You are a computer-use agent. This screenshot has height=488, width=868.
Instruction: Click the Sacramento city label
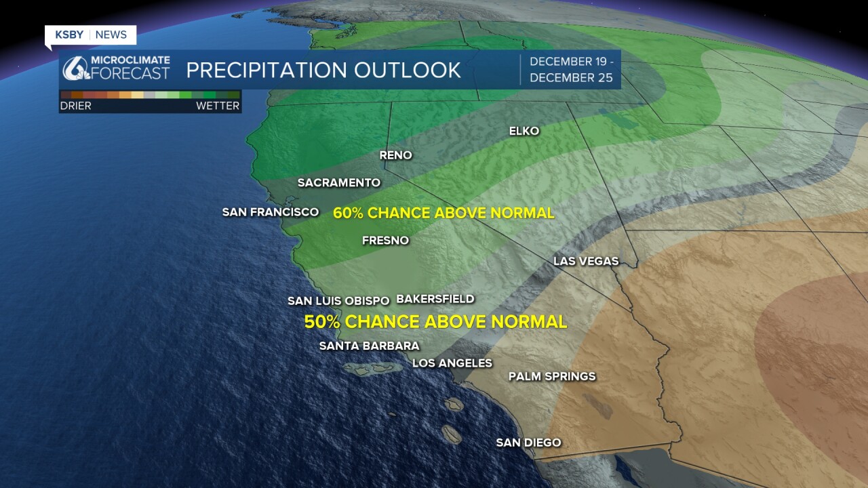[339, 183]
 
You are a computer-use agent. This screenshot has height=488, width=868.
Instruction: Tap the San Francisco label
[271, 212]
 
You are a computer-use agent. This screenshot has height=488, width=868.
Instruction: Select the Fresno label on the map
[386, 241]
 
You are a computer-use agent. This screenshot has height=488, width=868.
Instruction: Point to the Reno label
[395, 155]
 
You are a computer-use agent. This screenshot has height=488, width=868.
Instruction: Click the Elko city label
[524, 131]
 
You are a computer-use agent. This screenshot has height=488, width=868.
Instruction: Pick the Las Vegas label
[586, 261]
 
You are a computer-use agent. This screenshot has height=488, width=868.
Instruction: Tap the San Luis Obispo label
[338, 301]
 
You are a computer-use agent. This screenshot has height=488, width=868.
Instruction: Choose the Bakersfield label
[435, 299]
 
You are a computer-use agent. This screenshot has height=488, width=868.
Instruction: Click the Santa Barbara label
[370, 346]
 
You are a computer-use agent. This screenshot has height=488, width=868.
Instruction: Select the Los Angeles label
[452, 363]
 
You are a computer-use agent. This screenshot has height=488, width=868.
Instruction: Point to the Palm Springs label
[552, 376]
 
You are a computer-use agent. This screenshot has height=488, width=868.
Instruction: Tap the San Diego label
[528, 443]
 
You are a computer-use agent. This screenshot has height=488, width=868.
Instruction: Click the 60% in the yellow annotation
[348, 213]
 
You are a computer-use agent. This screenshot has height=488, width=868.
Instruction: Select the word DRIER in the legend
[75, 106]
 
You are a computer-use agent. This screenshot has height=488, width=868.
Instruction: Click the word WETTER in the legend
[218, 106]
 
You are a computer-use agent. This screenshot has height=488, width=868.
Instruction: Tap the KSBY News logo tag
[91, 35]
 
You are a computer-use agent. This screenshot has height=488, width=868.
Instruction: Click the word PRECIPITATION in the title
[267, 70]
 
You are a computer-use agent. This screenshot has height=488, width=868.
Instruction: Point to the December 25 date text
[571, 78]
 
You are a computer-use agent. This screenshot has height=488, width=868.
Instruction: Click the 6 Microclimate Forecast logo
[116, 68]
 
